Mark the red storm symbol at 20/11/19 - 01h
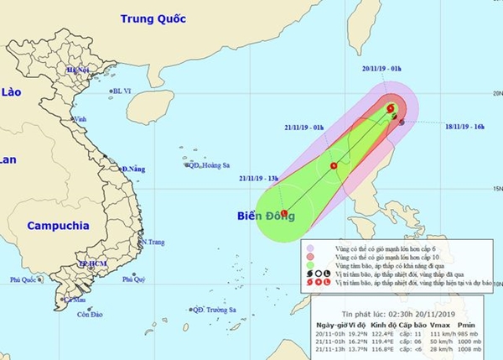point(391,108)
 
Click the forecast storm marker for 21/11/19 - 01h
point(334,165)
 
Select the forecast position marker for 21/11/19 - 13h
point(284,211)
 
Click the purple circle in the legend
point(312,246)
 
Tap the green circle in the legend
point(312,264)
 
